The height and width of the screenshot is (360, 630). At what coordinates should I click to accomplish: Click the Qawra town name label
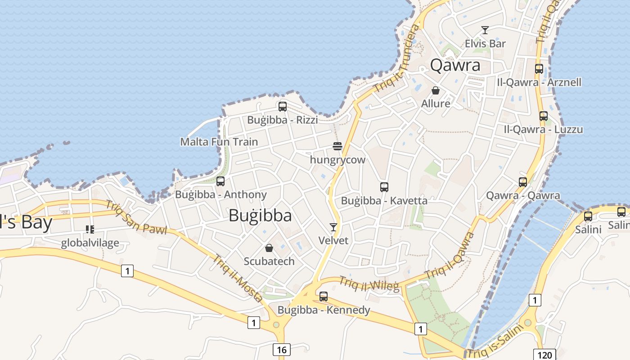pos(455,66)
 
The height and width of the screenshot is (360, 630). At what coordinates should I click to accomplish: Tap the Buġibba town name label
pos(260,216)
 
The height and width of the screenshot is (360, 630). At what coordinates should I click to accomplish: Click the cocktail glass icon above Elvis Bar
pos(485,30)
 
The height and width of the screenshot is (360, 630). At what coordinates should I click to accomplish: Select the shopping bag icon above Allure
pos(436,90)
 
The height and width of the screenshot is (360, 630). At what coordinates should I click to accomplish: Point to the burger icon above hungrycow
pos(337,146)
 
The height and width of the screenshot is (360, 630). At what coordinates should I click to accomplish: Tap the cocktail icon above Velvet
pos(333,227)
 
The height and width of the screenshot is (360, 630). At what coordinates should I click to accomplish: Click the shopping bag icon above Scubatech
pos(269,248)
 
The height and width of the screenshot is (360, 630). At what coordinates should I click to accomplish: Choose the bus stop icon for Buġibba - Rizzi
pos(283,107)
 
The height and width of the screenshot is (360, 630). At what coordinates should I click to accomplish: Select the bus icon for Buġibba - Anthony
pos(220,181)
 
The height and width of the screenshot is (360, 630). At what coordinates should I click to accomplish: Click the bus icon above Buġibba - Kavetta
pos(384,187)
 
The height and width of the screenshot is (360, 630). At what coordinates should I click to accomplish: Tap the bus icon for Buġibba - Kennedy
pos(324,297)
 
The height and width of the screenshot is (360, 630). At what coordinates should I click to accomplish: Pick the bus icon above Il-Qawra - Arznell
pos(539,69)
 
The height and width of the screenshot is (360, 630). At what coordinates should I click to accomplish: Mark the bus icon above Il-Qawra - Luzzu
pos(544,116)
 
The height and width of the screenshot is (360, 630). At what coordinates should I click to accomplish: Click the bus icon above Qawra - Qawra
pos(523,182)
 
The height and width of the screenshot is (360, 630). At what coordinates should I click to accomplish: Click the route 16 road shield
pos(282,350)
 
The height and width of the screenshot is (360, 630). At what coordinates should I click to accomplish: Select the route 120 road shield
pos(544,355)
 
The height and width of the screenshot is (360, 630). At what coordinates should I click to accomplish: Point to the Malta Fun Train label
pos(219,142)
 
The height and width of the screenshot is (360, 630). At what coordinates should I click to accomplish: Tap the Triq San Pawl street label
pos(136,218)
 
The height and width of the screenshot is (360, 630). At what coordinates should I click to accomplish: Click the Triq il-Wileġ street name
pos(369,284)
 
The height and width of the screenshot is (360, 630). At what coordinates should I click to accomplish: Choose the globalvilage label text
pos(90,243)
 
